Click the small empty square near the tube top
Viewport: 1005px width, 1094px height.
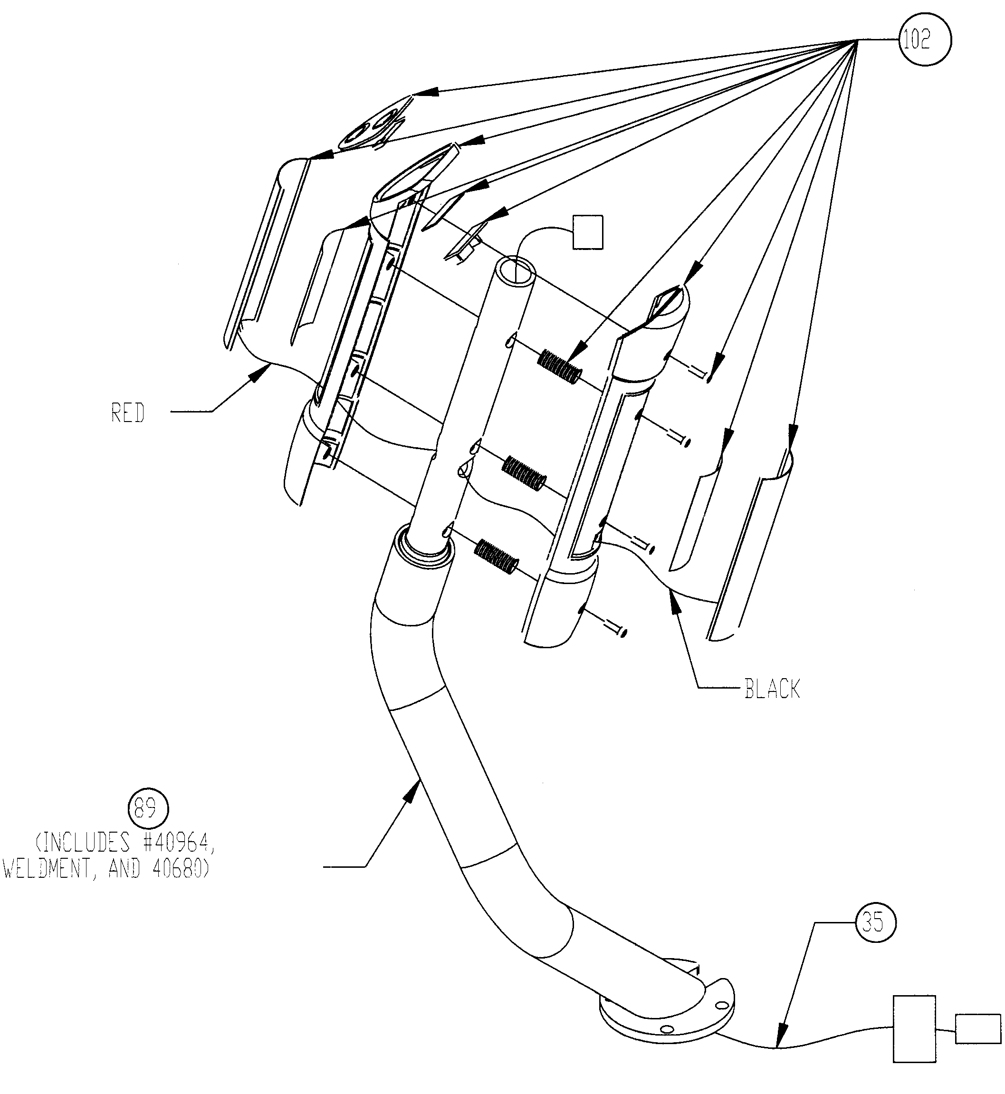(588, 232)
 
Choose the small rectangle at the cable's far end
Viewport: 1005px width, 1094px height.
(978, 1029)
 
